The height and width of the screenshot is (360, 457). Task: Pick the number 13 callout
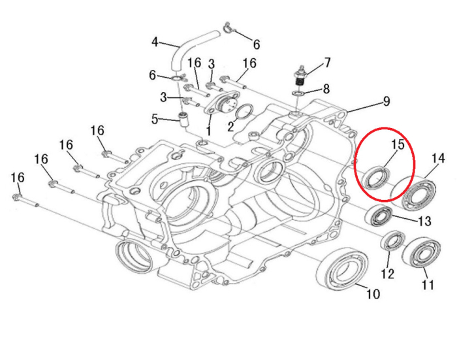click(x=424, y=221)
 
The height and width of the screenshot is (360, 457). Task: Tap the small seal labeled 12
click(x=394, y=241)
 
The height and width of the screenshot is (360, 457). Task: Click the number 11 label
click(x=428, y=284)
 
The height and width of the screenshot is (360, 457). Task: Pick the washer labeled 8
click(x=298, y=95)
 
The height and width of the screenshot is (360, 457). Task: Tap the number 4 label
click(x=155, y=42)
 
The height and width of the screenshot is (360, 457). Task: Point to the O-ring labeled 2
click(x=244, y=113)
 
